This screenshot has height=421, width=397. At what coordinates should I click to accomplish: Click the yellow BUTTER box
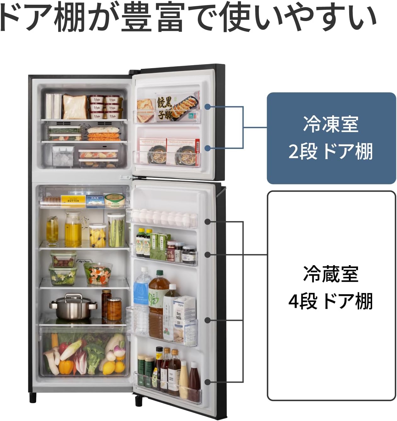[73, 200]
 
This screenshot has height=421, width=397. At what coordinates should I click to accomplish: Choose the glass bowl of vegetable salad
[98, 273]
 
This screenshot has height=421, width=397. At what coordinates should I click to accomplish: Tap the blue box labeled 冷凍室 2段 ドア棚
[331, 138]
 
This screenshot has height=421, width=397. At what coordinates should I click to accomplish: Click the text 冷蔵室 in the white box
[331, 274]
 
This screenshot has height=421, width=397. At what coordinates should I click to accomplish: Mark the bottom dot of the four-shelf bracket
[207, 382]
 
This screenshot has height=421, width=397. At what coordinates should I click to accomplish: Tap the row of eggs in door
[162, 217]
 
